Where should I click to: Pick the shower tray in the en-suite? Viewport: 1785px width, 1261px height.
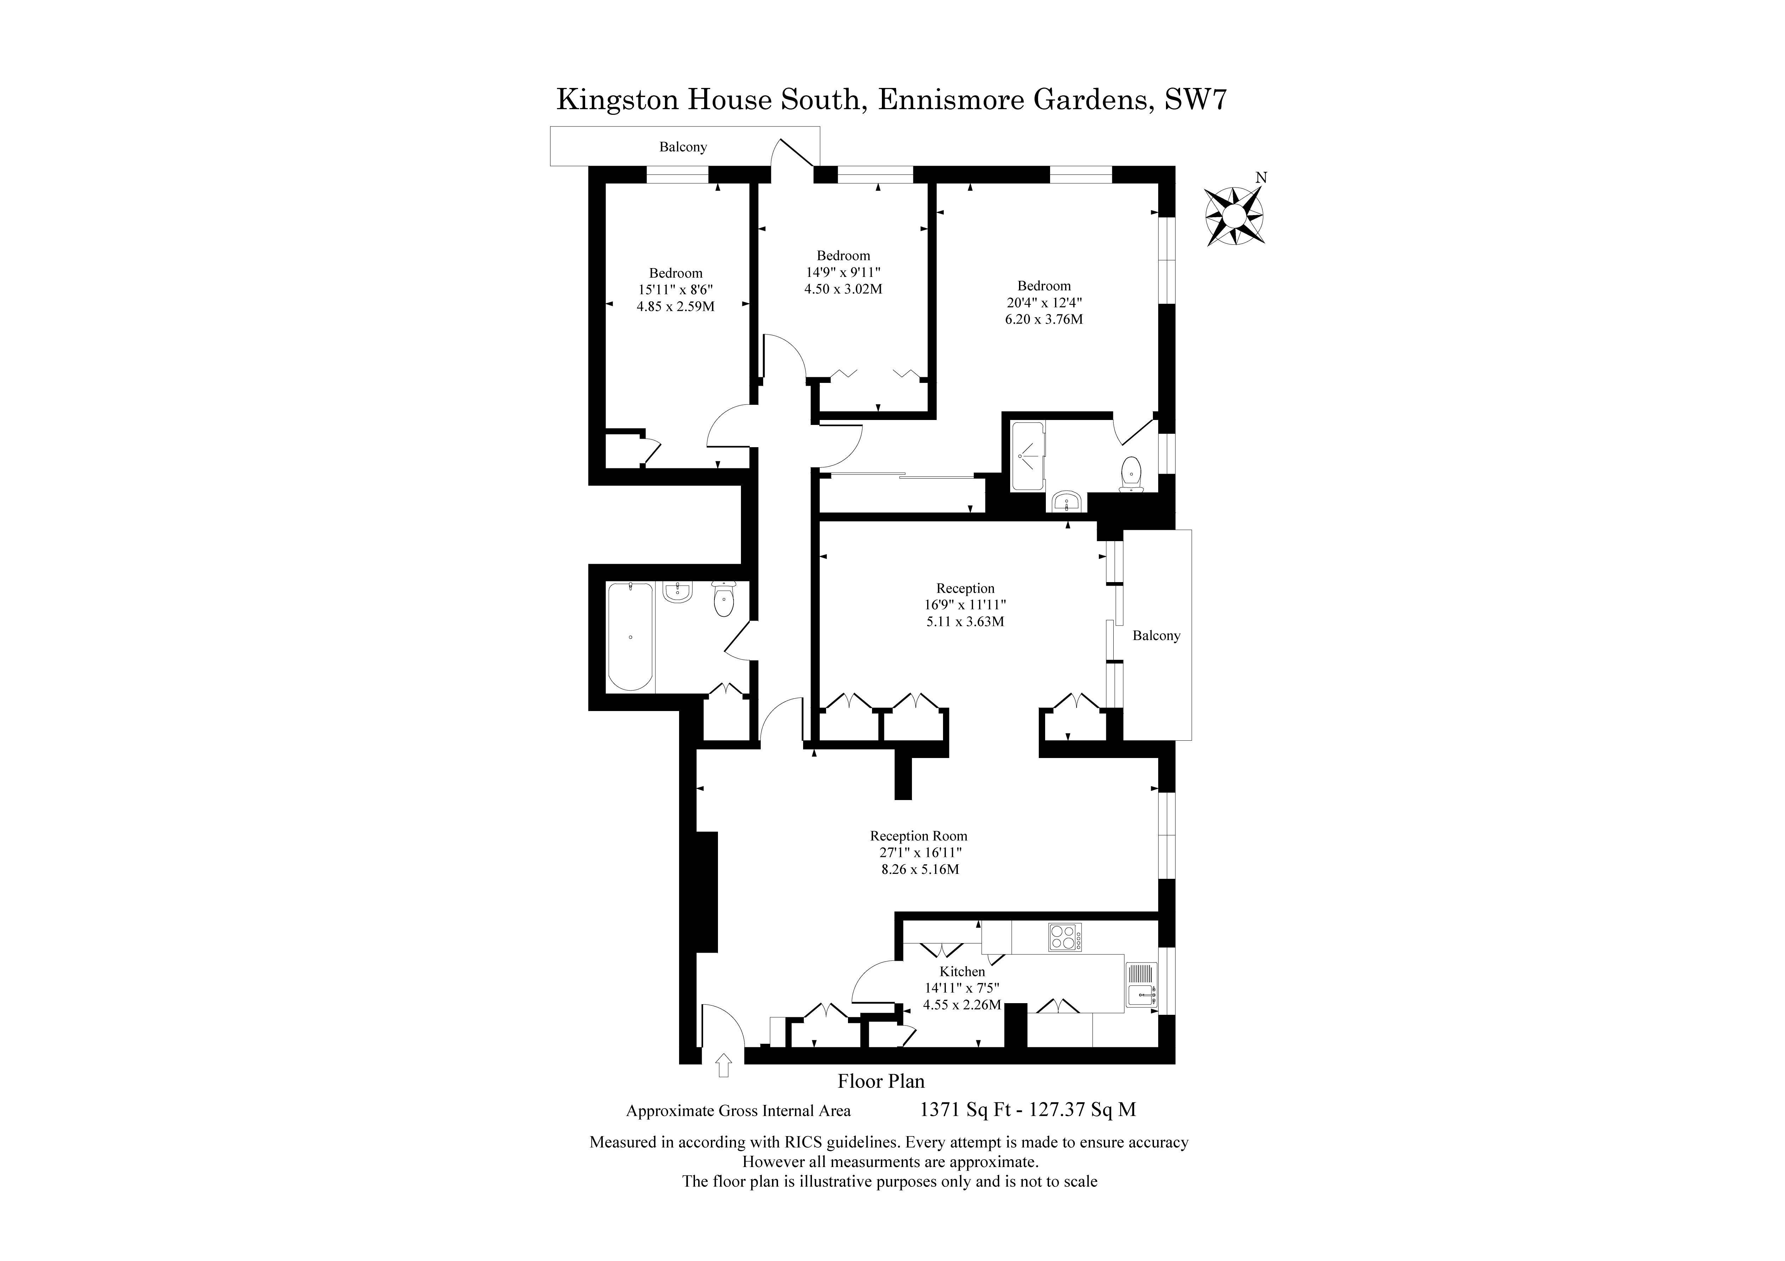click(1029, 456)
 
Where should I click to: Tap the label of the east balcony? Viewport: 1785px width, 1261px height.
click(1156, 635)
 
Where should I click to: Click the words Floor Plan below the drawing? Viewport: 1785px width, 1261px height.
click(881, 1081)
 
